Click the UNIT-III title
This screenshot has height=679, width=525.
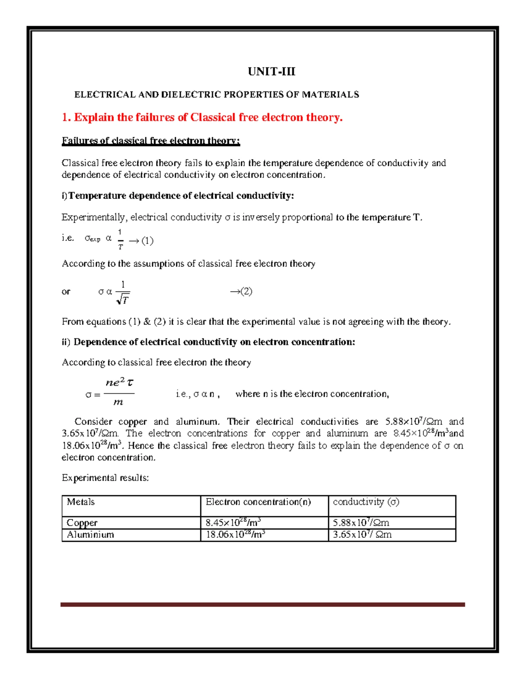click(x=271, y=72)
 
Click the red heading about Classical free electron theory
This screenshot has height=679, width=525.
click(x=202, y=117)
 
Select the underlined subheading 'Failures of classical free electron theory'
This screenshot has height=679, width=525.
click(x=151, y=141)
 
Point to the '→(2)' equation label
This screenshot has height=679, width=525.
click(x=241, y=292)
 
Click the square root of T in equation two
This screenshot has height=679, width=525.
click(x=123, y=299)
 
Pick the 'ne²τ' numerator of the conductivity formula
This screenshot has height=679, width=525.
click(x=119, y=383)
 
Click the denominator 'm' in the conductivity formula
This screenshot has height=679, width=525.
click(x=118, y=402)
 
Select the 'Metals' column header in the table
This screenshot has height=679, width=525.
click(x=80, y=502)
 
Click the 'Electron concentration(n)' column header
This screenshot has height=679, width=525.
click(x=258, y=502)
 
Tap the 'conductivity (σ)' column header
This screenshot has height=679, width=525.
click(x=366, y=502)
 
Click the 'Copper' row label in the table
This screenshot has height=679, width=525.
click(x=82, y=523)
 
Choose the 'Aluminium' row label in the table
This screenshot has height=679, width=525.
click(x=90, y=535)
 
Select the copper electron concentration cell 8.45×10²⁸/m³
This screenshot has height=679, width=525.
click(x=233, y=522)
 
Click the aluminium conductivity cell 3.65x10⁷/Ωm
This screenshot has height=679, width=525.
click(x=362, y=535)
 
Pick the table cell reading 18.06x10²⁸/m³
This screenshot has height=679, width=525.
click(x=235, y=535)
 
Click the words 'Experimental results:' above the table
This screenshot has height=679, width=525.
click(x=105, y=478)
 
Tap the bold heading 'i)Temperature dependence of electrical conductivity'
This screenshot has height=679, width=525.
click(x=178, y=196)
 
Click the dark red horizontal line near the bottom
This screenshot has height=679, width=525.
click(x=262, y=605)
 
